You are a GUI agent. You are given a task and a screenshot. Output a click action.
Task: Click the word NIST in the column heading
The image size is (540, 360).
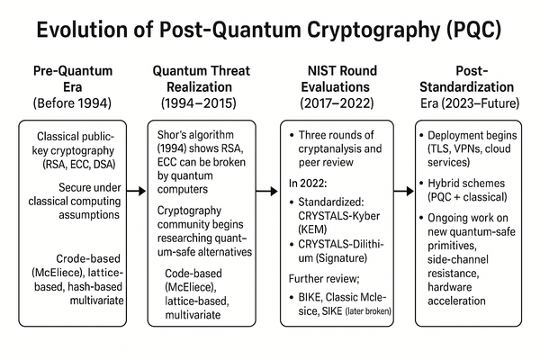(x=308, y=70)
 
